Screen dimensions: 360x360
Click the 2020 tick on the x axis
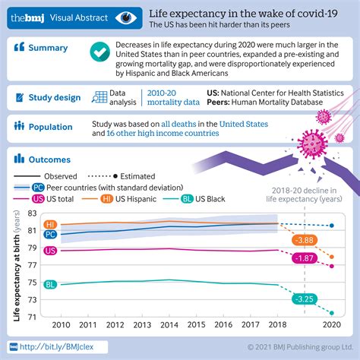(331, 324)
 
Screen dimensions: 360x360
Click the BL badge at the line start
(51, 285)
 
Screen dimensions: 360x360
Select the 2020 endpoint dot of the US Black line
(331, 312)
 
